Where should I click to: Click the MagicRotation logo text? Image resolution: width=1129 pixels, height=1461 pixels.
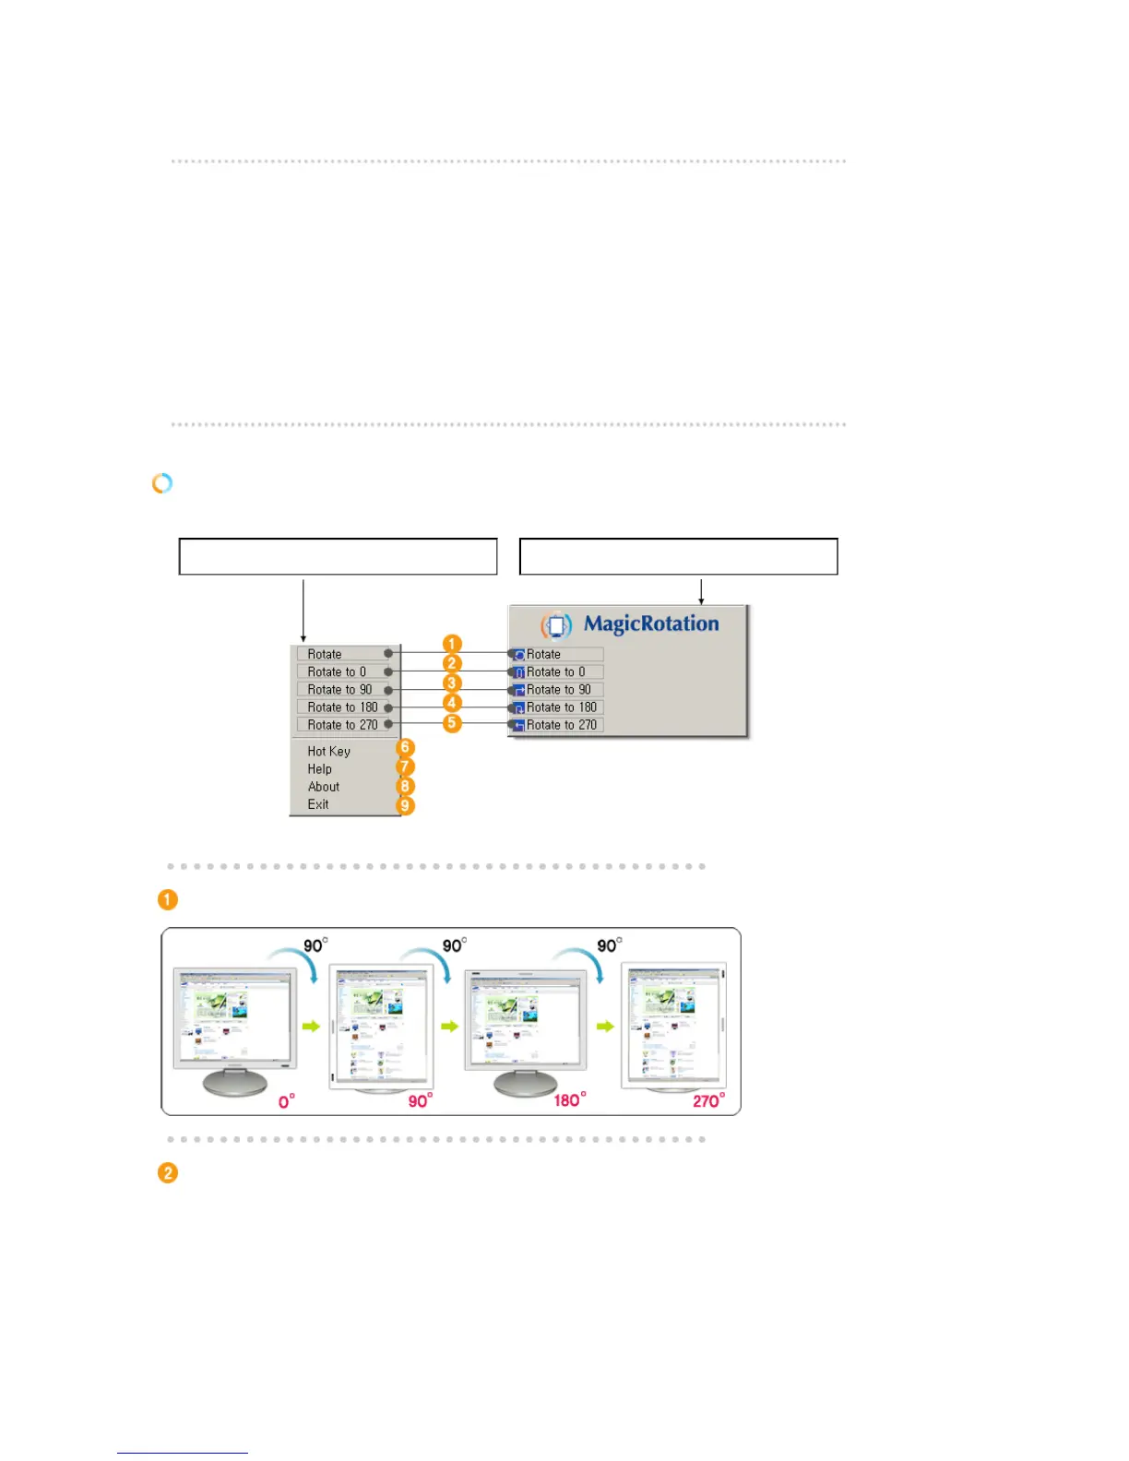pos(650,624)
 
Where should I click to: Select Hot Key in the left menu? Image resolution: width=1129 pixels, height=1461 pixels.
pos(329,752)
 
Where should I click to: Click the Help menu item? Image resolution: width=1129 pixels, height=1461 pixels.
pos(320,769)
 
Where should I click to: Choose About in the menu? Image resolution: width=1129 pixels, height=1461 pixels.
pos(324,787)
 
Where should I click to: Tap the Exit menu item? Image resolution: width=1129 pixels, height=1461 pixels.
pos(318,804)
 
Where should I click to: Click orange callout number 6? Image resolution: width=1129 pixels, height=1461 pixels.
pos(405,748)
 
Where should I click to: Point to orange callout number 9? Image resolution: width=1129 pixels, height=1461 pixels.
pos(405,806)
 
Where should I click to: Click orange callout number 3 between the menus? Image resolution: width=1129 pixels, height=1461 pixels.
pos(452,683)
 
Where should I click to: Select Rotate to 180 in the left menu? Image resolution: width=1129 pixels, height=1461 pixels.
pos(342,707)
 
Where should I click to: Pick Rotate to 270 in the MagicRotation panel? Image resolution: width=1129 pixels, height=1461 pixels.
pos(561,725)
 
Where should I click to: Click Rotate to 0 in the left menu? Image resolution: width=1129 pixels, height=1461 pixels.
pos(337,672)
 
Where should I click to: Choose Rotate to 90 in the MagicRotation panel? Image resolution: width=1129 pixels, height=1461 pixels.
pos(558,690)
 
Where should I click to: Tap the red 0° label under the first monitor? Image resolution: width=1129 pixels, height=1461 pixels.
pos(287,1101)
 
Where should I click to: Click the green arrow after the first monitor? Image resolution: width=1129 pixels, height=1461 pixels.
pos(311,1026)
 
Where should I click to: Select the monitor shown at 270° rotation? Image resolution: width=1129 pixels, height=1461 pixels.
pos(674,1026)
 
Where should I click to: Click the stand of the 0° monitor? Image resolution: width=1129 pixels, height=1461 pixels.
pos(235,1081)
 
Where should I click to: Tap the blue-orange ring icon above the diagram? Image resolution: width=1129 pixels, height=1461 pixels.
pos(162,483)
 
